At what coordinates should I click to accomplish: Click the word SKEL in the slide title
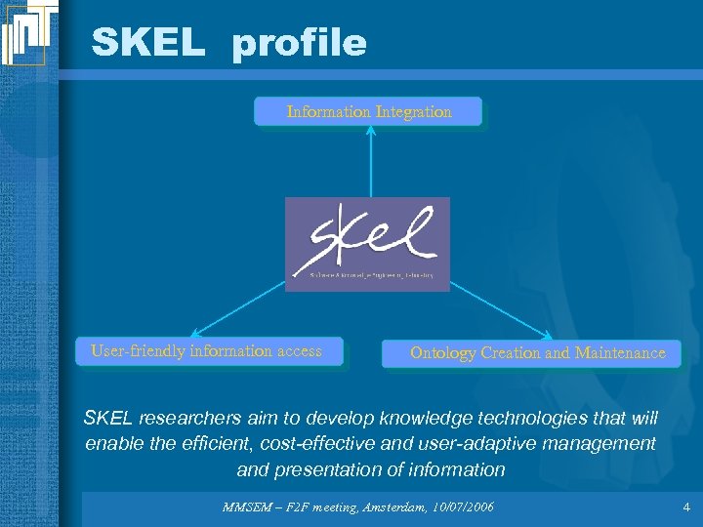coord(147,42)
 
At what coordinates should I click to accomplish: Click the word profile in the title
coord(299,44)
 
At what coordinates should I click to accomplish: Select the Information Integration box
coord(369,112)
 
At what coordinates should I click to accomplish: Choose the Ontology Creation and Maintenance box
coord(537,353)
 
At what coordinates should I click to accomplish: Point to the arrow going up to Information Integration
coord(370,161)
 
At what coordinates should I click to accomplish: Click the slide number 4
coord(686,507)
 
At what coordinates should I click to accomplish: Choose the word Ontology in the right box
coord(442,353)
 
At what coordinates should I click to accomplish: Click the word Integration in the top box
coord(414,112)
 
